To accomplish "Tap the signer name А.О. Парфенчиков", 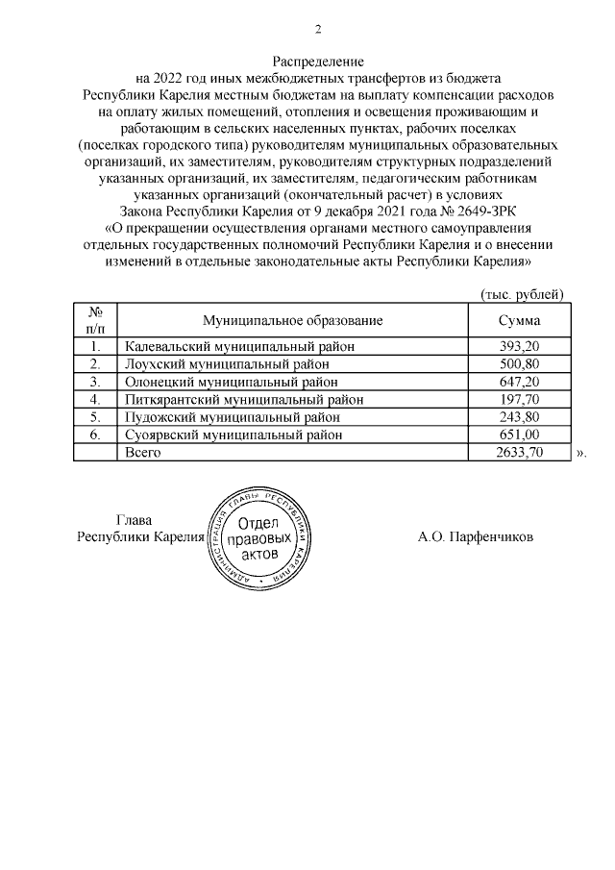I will coord(475,537).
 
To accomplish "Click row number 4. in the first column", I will coord(95,399).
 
